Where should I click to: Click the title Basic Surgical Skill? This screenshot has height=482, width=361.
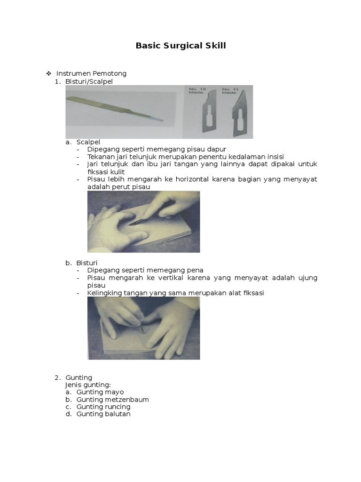coord(180,46)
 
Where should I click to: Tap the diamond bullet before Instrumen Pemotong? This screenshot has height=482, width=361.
coord(48,73)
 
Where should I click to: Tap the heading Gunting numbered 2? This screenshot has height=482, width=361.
coord(79,378)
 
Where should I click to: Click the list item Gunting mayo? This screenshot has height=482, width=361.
coord(100,392)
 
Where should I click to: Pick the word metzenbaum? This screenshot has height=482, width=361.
coord(126,400)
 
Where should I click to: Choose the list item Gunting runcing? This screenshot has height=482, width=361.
coord(103,407)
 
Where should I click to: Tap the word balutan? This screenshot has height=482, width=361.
coord(118,414)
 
